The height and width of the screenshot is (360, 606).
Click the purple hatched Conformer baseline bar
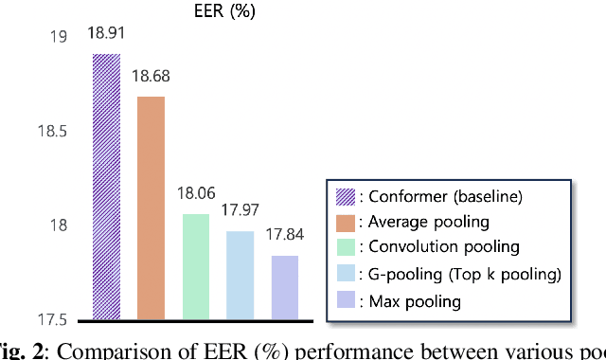point(106,187)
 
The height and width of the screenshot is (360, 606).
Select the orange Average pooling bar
point(151,207)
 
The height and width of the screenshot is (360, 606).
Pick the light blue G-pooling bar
point(240,275)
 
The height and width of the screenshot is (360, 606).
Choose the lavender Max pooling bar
point(284,287)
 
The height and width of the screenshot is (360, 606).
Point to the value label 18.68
point(151,76)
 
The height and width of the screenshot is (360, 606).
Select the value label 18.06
point(196,194)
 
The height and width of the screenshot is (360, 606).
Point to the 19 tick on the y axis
point(59,37)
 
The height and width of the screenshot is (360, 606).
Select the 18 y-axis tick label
point(59,225)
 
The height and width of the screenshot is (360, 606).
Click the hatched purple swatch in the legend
point(346,197)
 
